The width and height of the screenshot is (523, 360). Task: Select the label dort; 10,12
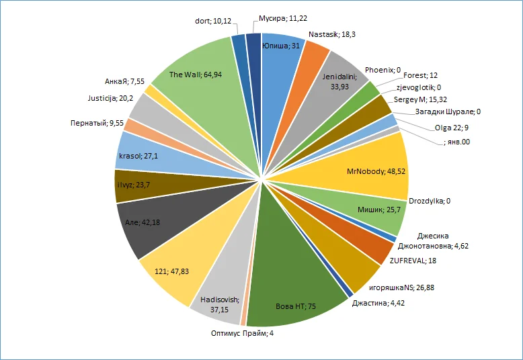tap(212, 21)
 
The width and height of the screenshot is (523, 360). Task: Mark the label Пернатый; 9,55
tap(93, 124)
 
